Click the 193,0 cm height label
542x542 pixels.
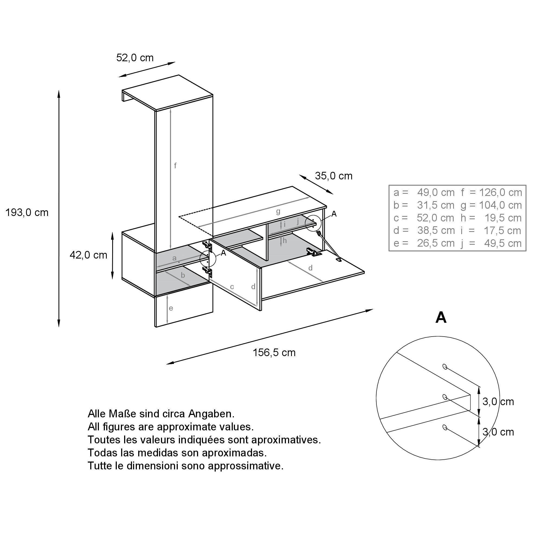(x=27, y=213)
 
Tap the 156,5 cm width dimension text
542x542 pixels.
(x=274, y=352)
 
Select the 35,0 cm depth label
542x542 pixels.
(x=333, y=176)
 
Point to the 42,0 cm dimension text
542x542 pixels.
(x=88, y=255)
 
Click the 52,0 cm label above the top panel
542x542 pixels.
(x=135, y=58)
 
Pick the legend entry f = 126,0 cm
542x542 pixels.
(x=491, y=192)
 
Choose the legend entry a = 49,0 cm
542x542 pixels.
(x=424, y=192)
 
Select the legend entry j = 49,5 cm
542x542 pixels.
(x=491, y=243)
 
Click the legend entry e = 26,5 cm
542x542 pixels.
(x=424, y=243)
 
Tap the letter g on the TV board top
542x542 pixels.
(x=278, y=212)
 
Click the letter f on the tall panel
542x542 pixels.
(x=175, y=166)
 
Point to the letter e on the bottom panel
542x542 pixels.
(x=171, y=308)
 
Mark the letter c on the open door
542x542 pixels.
(x=232, y=287)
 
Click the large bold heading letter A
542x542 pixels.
(x=441, y=318)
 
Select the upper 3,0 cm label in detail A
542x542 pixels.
(x=498, y=402)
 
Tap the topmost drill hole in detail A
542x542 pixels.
(x=444, y=366)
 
